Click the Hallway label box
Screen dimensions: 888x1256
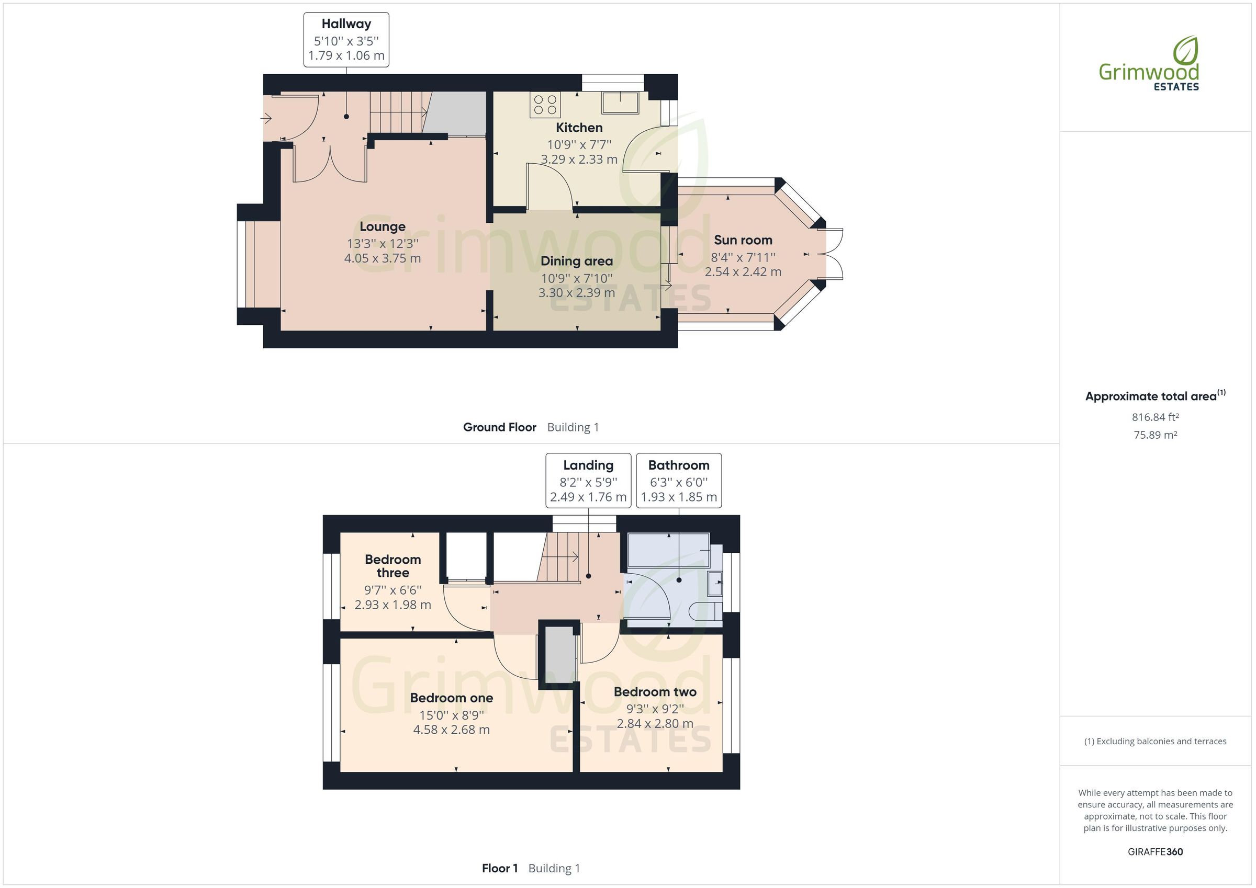tap(346, 40)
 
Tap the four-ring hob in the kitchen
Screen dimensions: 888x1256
tap(545, 105)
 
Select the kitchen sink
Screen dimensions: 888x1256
tap(620, 103)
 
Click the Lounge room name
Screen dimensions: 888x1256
tap(383, 226)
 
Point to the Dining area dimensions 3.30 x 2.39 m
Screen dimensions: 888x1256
tap(577, 292)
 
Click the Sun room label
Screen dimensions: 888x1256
tap(743, 240)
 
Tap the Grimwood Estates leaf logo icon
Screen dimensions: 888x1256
tap(1185, 50)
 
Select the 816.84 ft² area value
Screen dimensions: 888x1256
tap(1155, 417)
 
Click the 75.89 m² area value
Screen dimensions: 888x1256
tap(1155, 435)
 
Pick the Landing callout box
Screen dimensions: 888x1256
tap(588, 481)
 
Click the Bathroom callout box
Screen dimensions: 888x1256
tap(678, 481)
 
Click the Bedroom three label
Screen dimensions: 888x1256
tap(393, 566)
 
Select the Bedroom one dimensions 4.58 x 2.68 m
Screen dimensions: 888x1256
tap(451, 730)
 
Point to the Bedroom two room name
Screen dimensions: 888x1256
tap(655, 692)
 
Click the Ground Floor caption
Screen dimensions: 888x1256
tap(499, 427)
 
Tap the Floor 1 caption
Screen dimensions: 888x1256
tap(499, 868)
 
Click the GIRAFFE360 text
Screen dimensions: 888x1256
tap(1155, 851)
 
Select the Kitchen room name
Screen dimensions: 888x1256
tap(579, 128)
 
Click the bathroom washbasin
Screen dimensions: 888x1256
tap(715, 584)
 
